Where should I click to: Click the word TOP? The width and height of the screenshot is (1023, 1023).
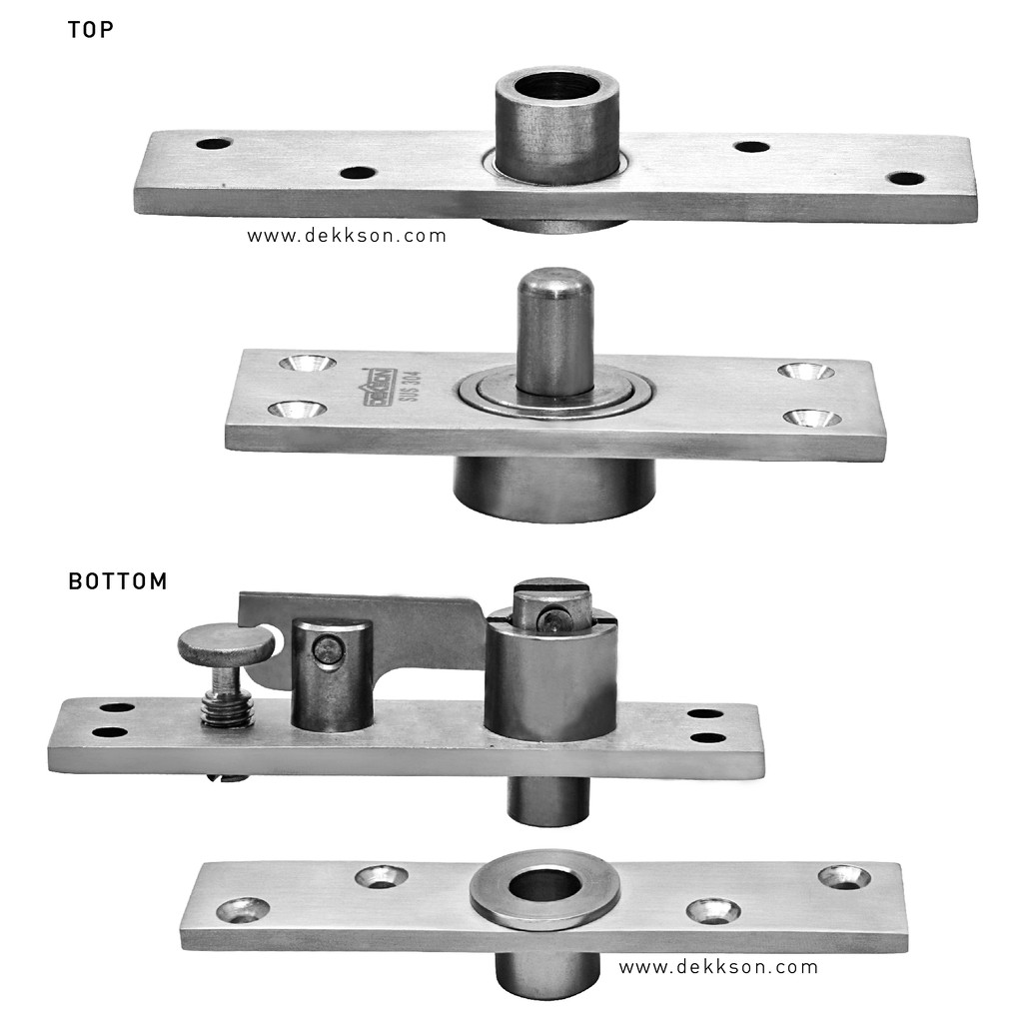(x=91, y=30)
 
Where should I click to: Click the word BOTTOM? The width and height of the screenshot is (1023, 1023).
(x=118, y=581)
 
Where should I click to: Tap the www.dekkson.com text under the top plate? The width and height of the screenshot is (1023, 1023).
(x=347, y=236)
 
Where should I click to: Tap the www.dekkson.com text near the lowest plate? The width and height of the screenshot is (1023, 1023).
(x=718, y=967)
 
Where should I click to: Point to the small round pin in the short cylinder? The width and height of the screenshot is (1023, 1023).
(x=326, y=649)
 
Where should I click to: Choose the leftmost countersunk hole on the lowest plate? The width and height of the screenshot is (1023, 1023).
(x=243, y=911)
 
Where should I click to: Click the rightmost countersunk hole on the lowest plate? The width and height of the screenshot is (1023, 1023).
(x=844, y=877)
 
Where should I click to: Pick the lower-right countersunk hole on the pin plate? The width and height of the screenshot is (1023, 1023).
(x=812, y=419)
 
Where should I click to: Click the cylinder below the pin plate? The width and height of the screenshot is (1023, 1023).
(x=554, y=488)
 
